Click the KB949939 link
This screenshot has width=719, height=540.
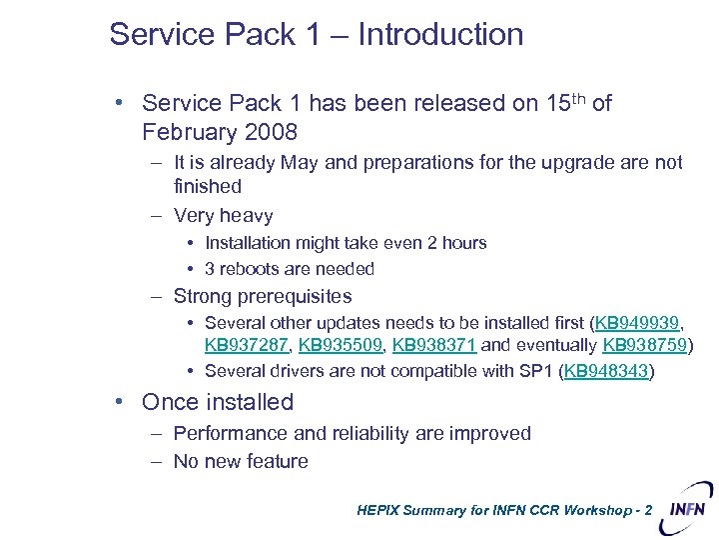(x=637, y=323)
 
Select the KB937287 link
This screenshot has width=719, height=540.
(x=246, y=346)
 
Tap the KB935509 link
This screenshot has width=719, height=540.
(x=340, y=346)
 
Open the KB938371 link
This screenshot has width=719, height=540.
(x=434, y=346)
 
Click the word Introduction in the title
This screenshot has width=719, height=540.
(x=440, y=34)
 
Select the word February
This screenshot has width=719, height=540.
(x=189, y=132)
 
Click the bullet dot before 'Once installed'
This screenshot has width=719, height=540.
(x=119, y=402)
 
